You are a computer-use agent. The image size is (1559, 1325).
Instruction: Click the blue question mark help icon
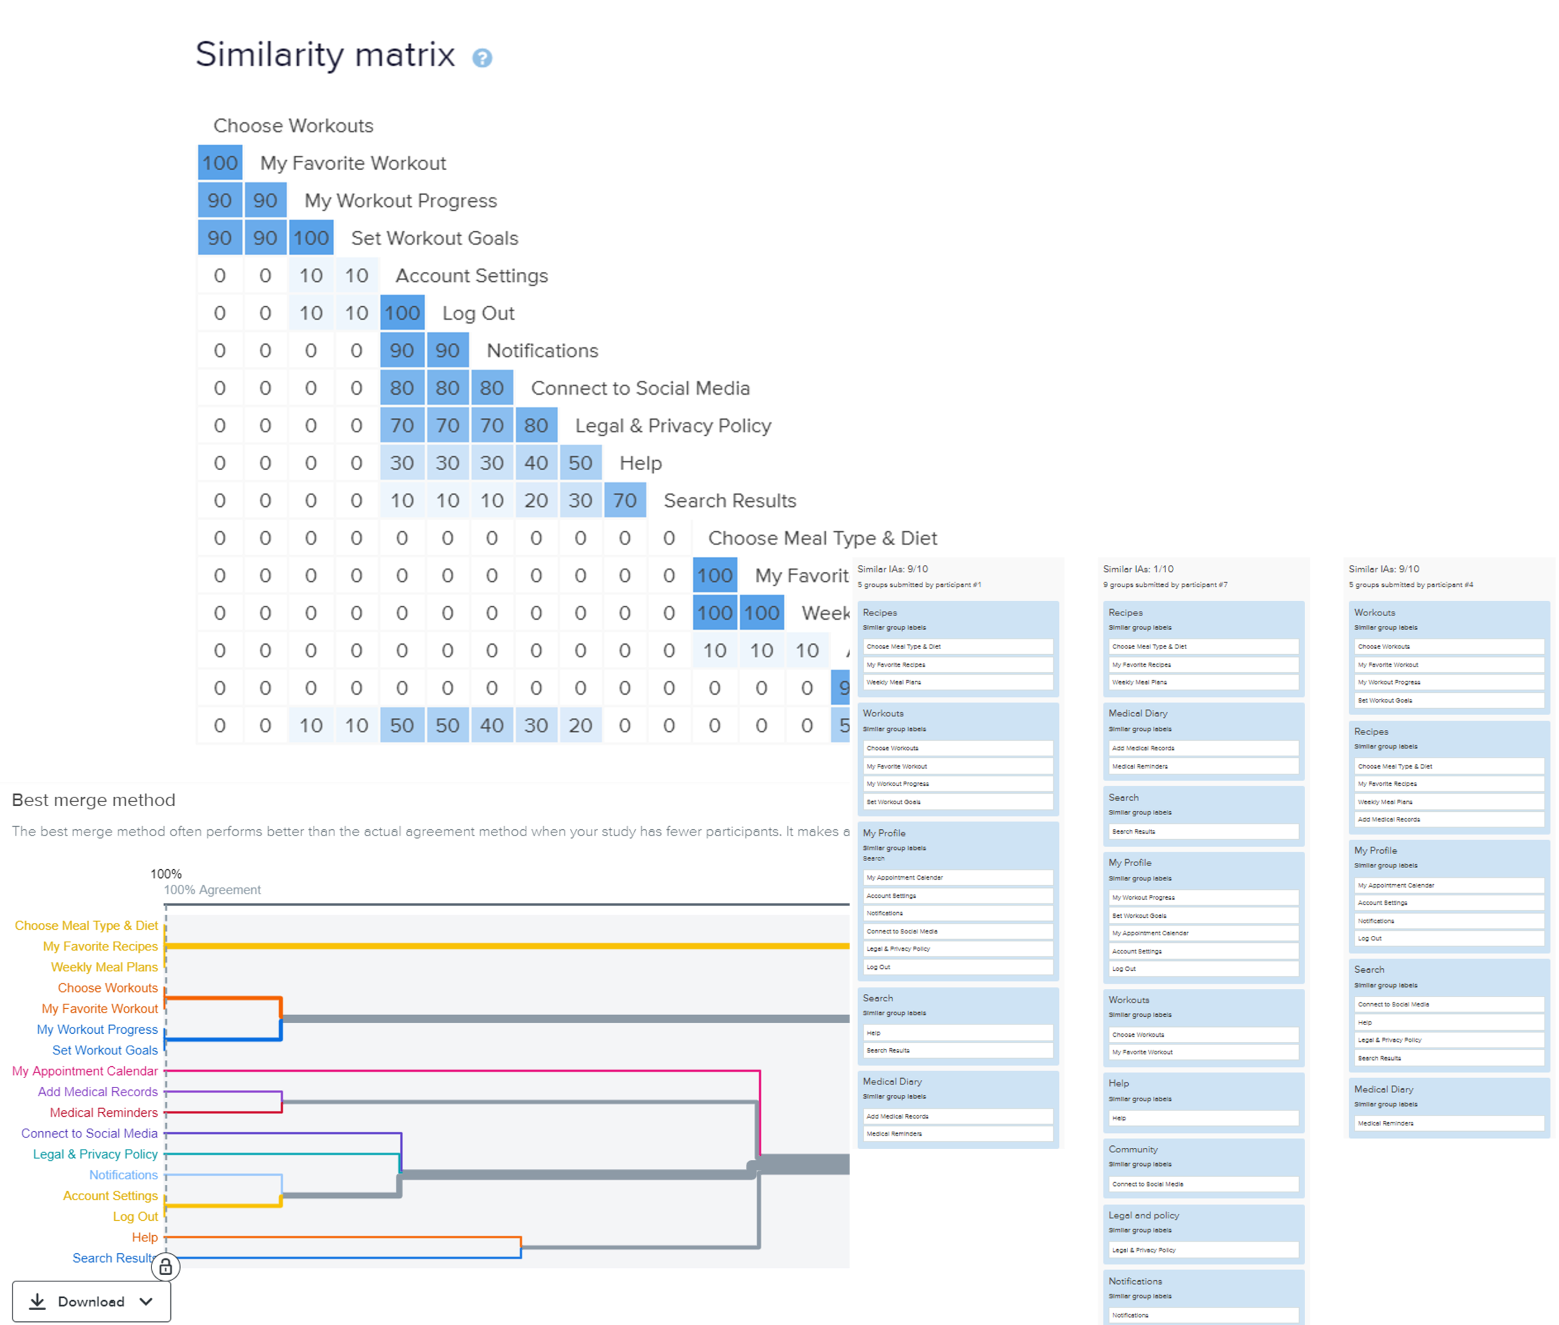[x=481, y=58]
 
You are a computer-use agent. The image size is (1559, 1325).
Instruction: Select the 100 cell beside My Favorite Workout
[x=220, y=163]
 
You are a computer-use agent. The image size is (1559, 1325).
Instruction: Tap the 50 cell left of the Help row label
[x=580, y=463]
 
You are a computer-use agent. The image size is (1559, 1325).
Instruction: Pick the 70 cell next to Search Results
[x=624, y=500]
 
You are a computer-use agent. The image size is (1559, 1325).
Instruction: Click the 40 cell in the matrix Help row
[x=536, y=463]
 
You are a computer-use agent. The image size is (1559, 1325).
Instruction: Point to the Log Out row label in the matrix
[x=478, y=313]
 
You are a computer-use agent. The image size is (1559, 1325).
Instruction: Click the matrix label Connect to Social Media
[x=640, y=388]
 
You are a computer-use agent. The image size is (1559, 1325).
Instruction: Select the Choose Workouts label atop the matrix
[x=293, y=125]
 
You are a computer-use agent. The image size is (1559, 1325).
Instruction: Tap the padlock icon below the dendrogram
[x=165, y=1267]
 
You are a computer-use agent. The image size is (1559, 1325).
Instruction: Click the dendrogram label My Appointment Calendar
[x=85, y=1071]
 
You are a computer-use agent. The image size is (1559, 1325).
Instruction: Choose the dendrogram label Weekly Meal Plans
[x=104, y=966]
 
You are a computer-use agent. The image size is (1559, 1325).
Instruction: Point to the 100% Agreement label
[x=212, y=890]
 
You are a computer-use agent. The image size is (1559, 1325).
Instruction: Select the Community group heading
[x=1133, y=1149]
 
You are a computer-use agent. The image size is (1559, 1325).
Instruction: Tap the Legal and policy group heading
[x=1144, y=1215]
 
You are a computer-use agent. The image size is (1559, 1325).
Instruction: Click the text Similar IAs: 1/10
[x=1137, y=569]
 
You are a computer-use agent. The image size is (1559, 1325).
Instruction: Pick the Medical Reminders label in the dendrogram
[x=104, y=1112]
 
